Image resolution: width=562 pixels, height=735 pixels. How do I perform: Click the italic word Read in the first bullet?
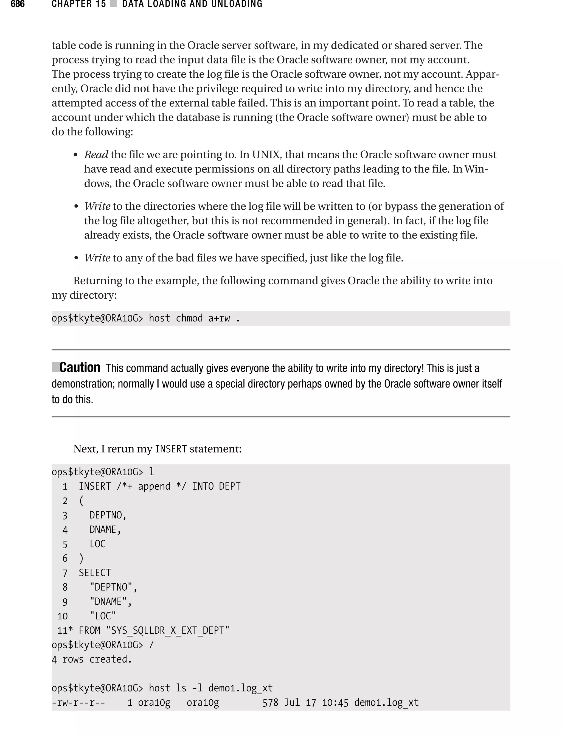[96, 155]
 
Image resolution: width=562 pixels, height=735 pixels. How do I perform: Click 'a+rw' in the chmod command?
[219, 318]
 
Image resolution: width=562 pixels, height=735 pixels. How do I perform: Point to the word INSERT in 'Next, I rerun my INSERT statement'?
[171, 449]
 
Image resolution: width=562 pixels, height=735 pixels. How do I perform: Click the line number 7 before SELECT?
[65, 573]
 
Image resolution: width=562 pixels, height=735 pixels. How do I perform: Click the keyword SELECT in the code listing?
[95, 573]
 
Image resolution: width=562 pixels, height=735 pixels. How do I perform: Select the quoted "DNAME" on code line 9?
[110, 602]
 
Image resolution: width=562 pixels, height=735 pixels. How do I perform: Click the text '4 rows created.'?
[92, 660]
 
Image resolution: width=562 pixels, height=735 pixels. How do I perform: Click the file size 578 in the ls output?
[270, 703]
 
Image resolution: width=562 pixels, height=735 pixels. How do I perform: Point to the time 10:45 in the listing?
[335, 703]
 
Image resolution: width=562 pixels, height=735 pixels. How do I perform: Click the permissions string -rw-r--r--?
[78, 703]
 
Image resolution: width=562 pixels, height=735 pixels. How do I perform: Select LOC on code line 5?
[97, 544]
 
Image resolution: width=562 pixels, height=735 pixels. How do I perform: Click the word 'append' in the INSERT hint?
[154, 486]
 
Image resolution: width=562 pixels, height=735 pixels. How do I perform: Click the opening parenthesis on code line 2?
[81, 501]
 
